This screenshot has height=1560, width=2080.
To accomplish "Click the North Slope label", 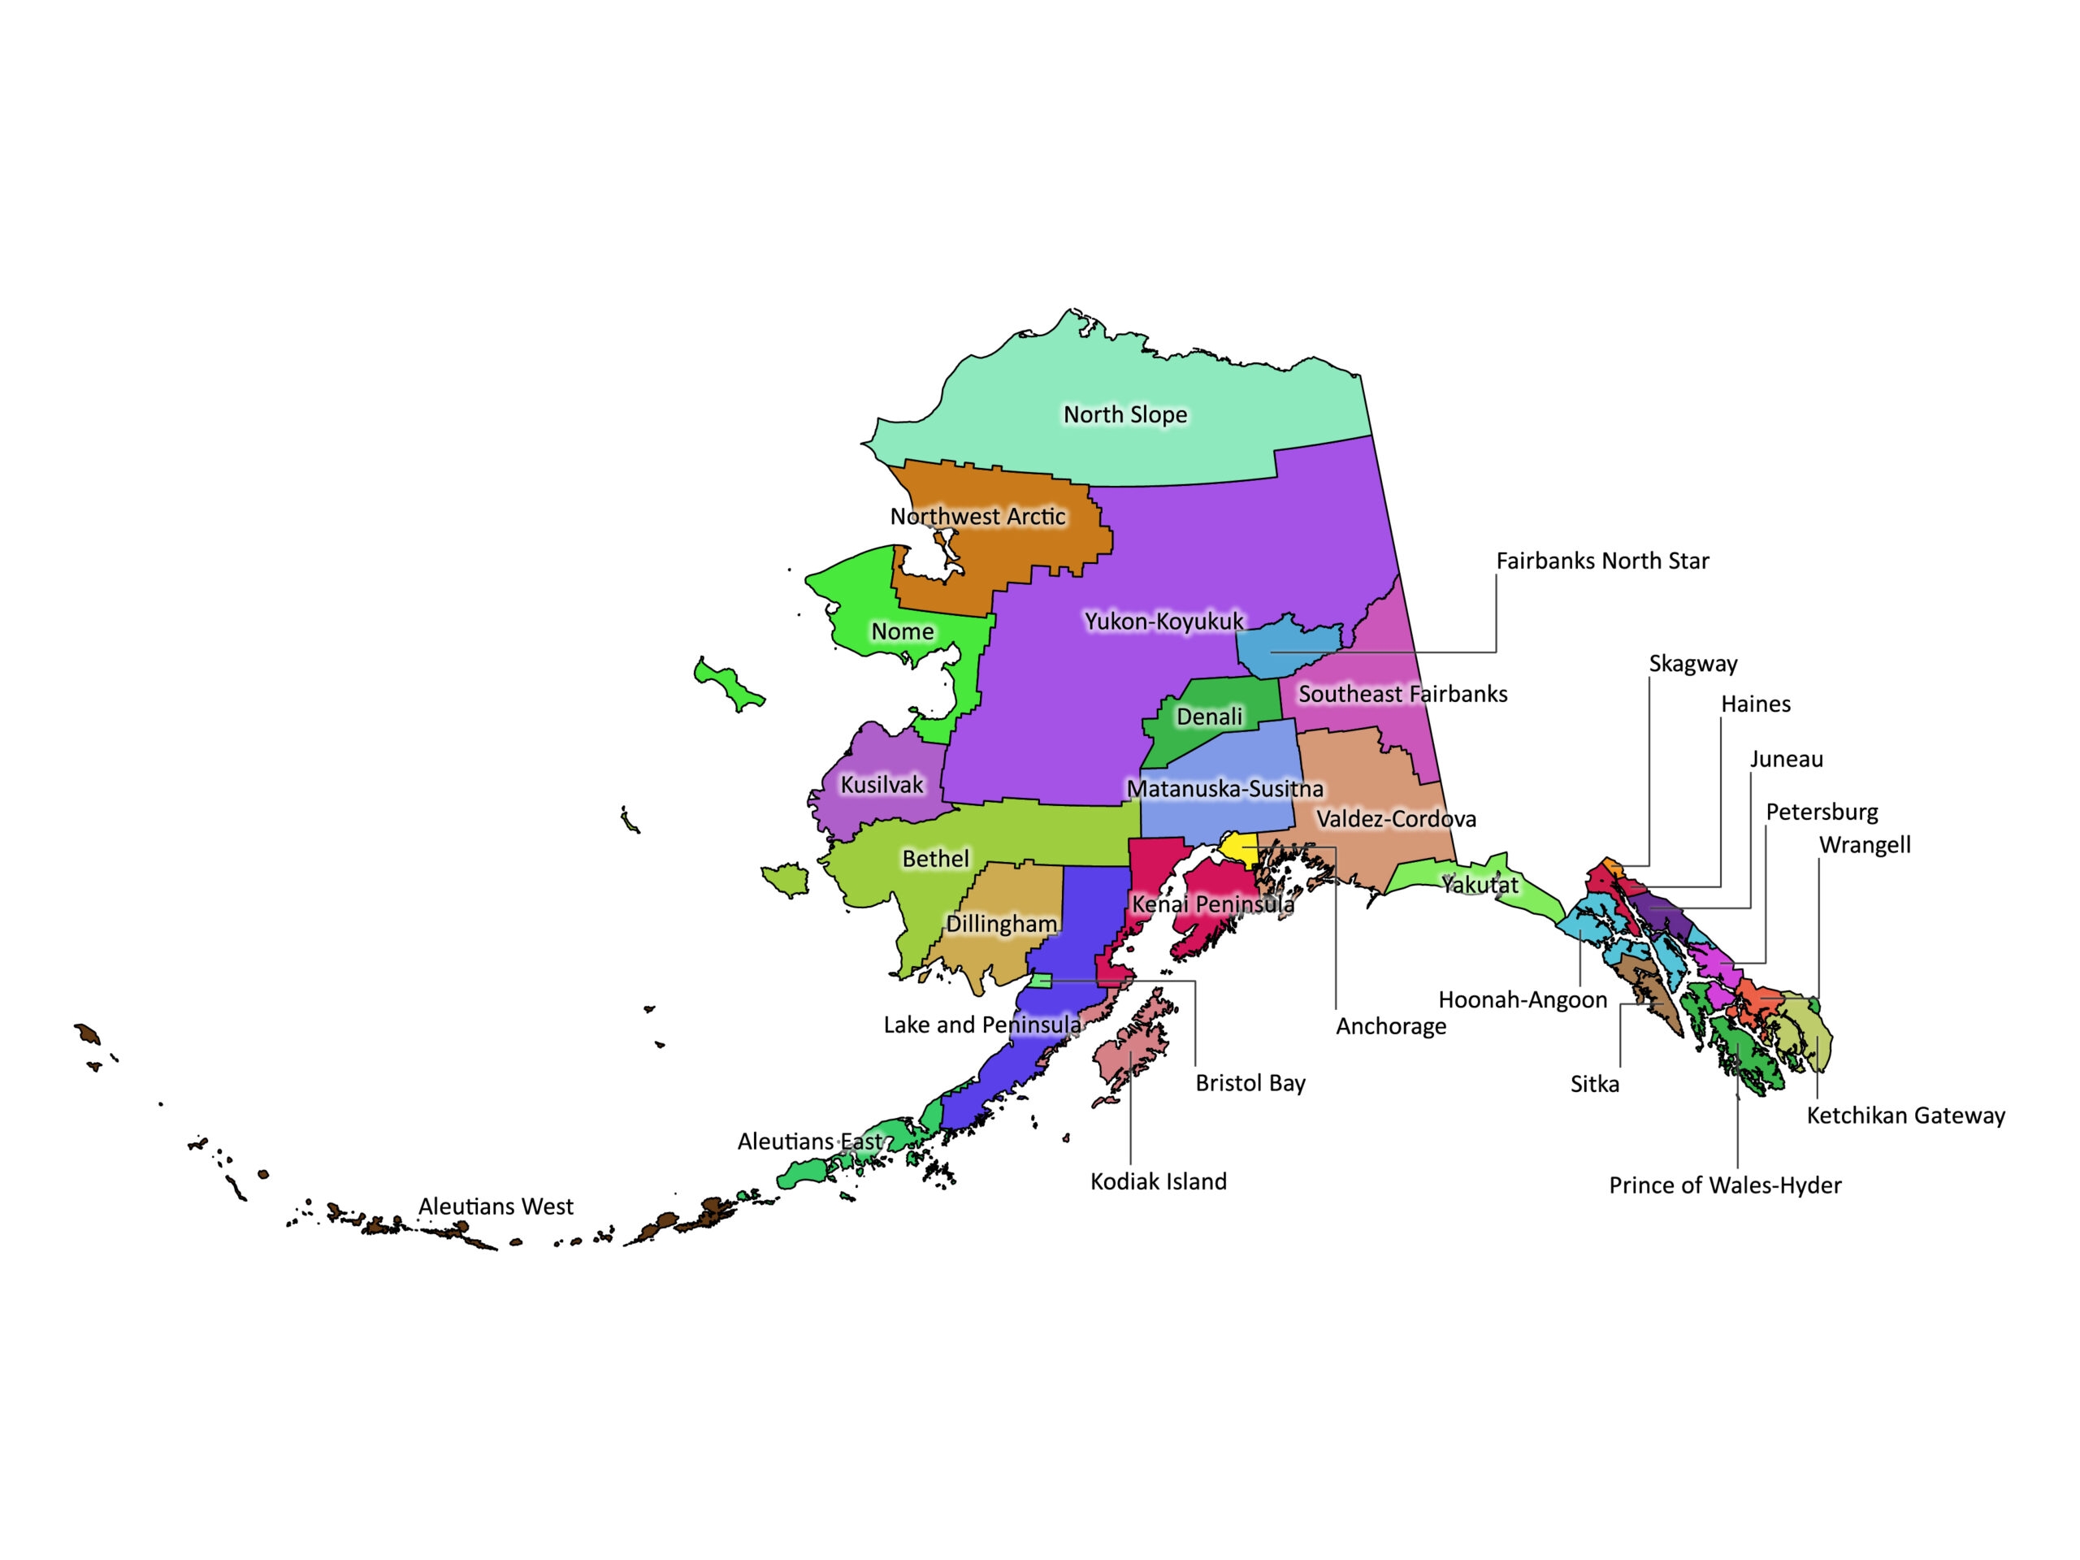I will [1124, 414].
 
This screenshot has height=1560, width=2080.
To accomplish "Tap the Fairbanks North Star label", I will [1601, 561].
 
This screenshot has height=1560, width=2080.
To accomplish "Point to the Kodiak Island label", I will [1158, 1182].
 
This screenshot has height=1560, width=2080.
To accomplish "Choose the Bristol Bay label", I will [1250, 1083].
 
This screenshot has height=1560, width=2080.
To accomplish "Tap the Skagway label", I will [1692, 664].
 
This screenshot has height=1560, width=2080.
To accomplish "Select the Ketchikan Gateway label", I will [1905, 1116].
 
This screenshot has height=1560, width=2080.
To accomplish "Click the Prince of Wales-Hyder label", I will [1725, 1185].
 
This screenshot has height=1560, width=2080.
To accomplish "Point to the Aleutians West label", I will [496, 1207].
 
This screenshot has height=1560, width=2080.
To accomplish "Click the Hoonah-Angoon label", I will [1523, 999].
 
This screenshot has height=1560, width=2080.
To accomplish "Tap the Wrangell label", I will [1865, 845].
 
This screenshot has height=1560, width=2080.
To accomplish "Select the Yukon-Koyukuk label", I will [1163, 622].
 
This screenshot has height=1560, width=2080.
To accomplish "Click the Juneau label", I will [1786, 760].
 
